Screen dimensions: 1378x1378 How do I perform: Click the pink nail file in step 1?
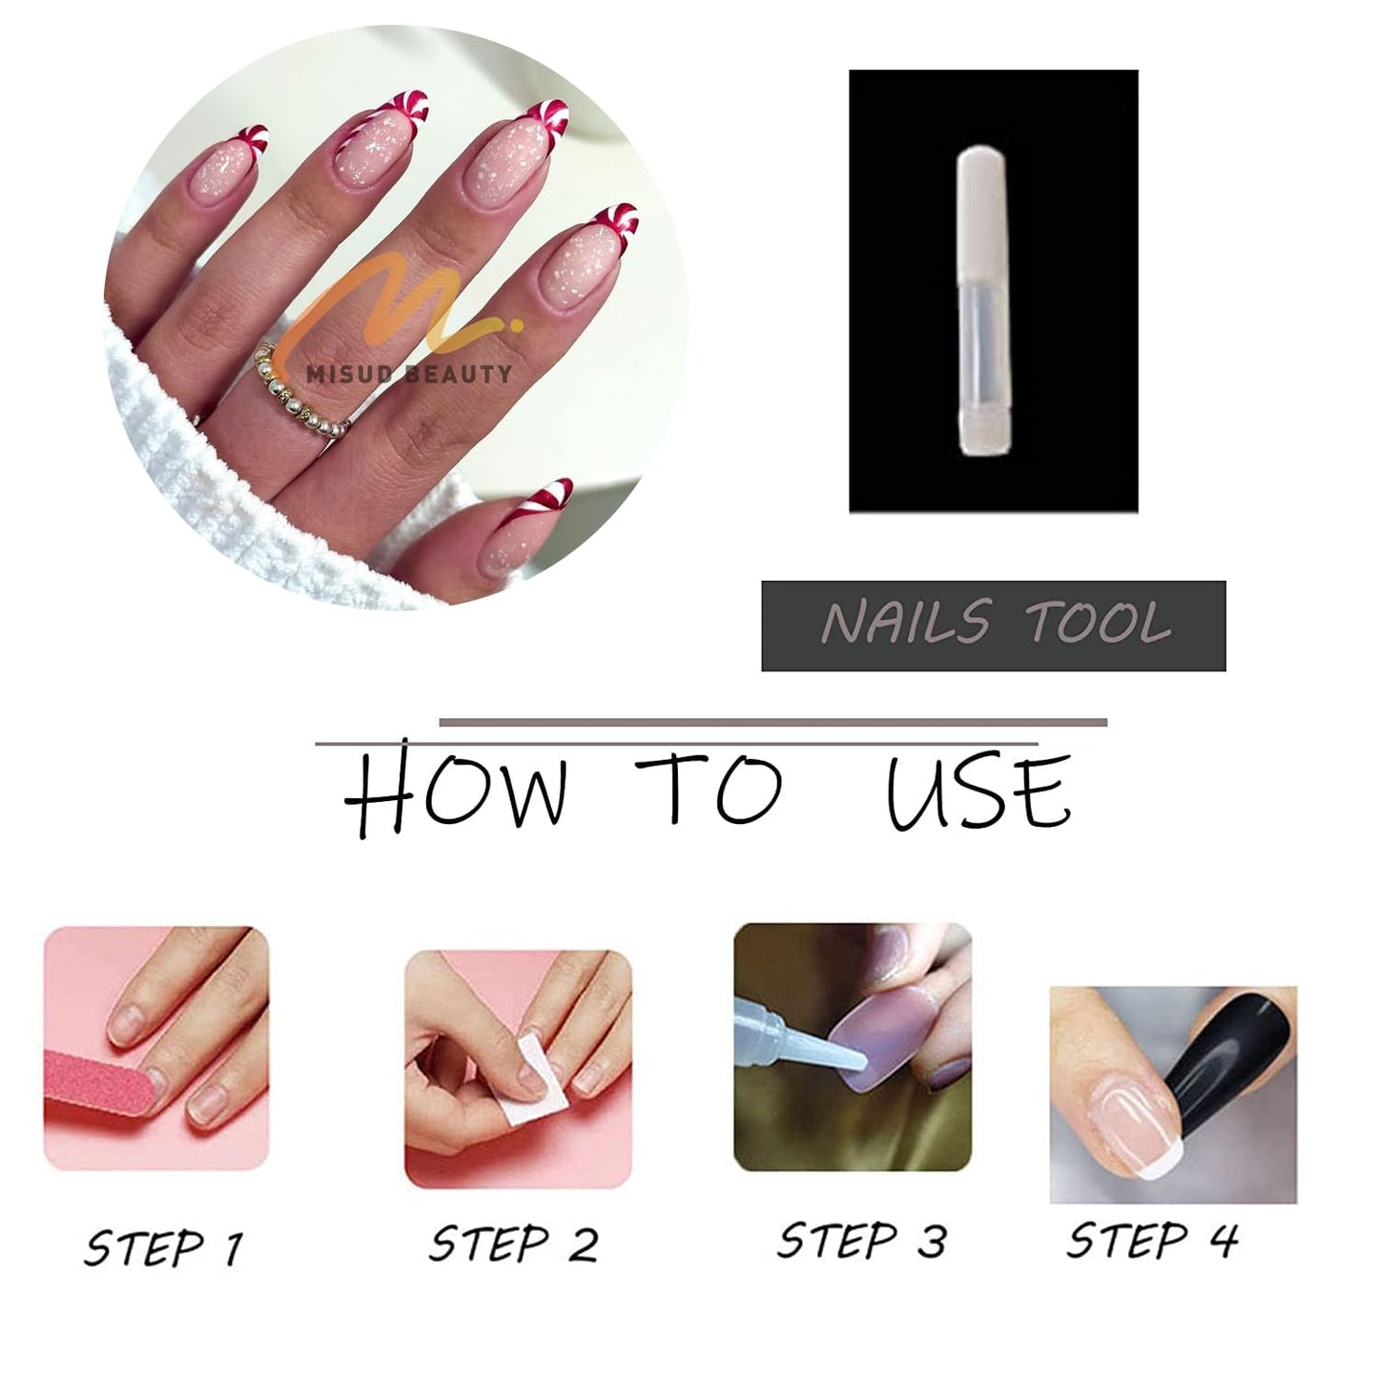[100, 1092]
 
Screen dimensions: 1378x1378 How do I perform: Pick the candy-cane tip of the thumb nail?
[545, 497]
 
